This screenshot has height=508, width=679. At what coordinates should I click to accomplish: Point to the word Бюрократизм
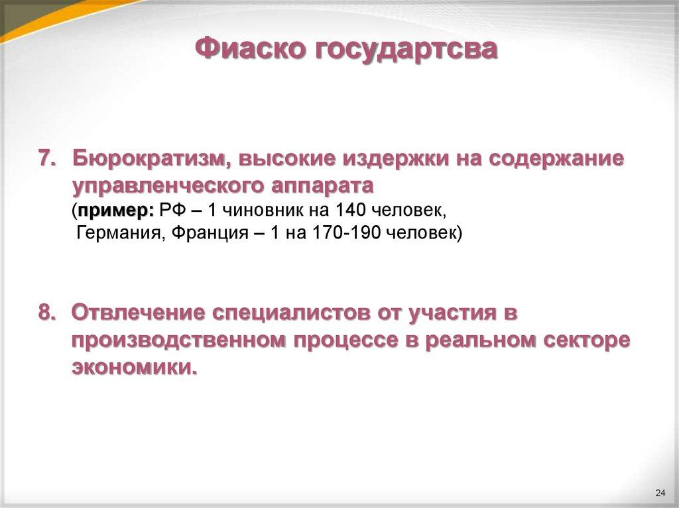click(151, 159)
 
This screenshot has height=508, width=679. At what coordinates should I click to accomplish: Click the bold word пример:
click(115, 211)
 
